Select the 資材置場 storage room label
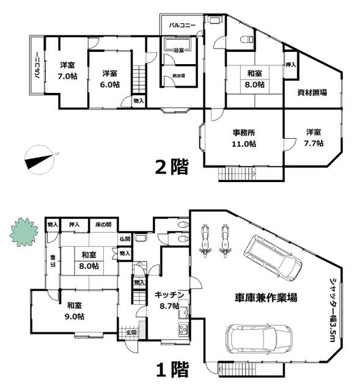pyautogui.click(x=312, y=93)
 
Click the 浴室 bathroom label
pyautogui.click(x=178, y=50)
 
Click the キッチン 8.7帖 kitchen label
pyautogui.click(x=166, y=299)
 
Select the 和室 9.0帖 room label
pyautogui.click(x=76, y=310)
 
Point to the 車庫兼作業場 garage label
pyautogui.click(x=267, y=298)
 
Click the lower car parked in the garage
pyautogui.click(x=259, y=337)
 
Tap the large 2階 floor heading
pyautogui.click(x=171, y=166)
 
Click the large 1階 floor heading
pyautogui.click(x=171, y=369)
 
